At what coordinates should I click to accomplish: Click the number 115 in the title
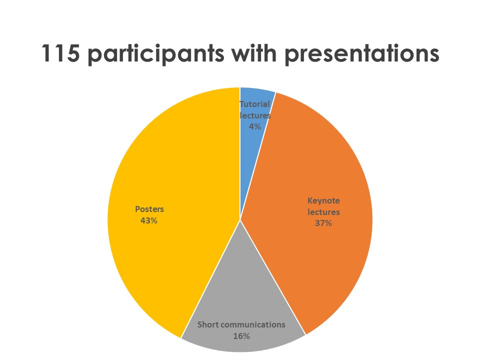(x=60, y=53)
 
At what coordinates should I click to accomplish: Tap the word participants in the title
(x=156, y=54)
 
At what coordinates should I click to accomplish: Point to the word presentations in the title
(x=362, y=54)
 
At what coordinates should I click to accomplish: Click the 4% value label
(x=254, y=126)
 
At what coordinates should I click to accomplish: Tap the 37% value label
(x=323, y=223)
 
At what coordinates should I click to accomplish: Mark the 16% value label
(x=241, y=336)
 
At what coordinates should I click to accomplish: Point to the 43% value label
(x=149, y=220)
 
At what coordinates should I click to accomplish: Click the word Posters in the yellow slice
(x=149, y=209)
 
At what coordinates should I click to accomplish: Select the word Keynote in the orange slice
(x=323, y=201)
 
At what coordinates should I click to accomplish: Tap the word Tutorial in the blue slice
(x=254, y=104)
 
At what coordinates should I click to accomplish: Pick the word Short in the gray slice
(x=208, y=324)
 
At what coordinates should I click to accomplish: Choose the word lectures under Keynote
(x=323, y=212)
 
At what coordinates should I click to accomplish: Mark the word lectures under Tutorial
(x=255, y=115)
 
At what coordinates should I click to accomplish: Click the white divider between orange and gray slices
(x=273, y=277)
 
